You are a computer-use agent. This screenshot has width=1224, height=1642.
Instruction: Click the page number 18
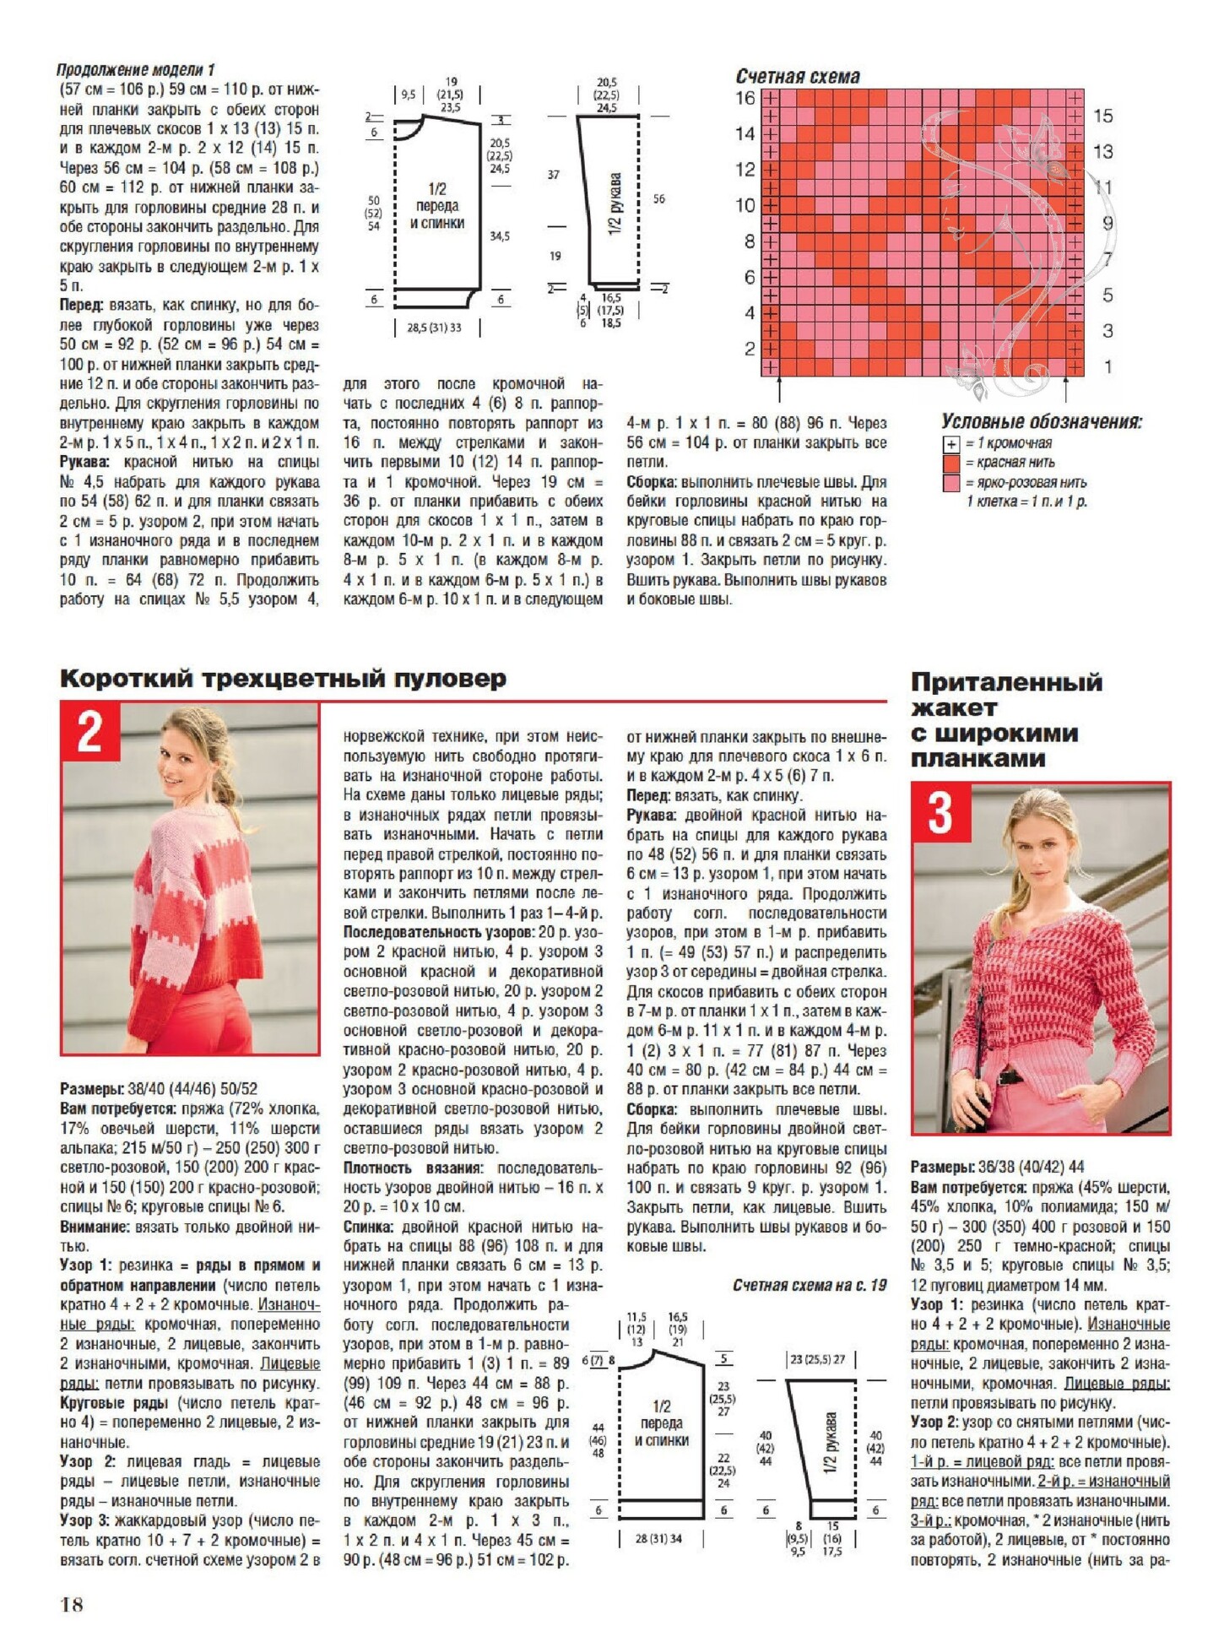click(x=72, y=1604)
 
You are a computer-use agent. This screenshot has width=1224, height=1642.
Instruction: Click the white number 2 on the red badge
click(x=90, y=731)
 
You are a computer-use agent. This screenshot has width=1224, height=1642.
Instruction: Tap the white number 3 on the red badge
click(x=940, y=812)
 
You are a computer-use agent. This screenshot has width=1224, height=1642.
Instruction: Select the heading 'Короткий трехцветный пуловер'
click(x=284, y=679)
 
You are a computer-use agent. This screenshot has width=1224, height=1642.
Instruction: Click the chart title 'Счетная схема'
click(x=798, y=77)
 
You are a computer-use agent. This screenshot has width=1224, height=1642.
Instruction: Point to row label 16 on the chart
click(x=745, y=98)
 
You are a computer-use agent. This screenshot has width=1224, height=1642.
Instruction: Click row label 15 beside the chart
click(x=1102, y=116)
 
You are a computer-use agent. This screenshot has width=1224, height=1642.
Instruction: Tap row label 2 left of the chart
click(x=749, y=348)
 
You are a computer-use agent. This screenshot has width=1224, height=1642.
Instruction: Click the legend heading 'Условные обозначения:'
click(x=1042, y=422)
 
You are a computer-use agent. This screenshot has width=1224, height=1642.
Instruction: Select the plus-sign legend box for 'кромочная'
click(x=951, y=444)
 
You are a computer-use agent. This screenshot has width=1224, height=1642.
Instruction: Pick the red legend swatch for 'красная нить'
click(x=951, y=463)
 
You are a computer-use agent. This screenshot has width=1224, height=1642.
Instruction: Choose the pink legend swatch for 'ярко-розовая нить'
click(x=951, y=483)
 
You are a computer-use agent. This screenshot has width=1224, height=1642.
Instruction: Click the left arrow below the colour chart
click(x=779, y=389)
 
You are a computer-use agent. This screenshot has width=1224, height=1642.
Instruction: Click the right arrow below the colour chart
click(x=1066, y=389)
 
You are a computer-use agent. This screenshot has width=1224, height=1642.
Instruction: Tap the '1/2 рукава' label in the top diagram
click(x=615, y=203)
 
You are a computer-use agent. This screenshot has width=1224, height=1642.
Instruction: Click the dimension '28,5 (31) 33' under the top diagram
click(x=434, y=328)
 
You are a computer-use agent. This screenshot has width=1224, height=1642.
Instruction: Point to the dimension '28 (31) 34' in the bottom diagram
click(x=658, y=1539)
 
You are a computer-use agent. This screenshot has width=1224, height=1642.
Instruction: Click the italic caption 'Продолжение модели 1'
click(x=136, y=69)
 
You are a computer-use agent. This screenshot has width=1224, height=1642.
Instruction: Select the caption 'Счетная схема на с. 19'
click(x=810, y=1286)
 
